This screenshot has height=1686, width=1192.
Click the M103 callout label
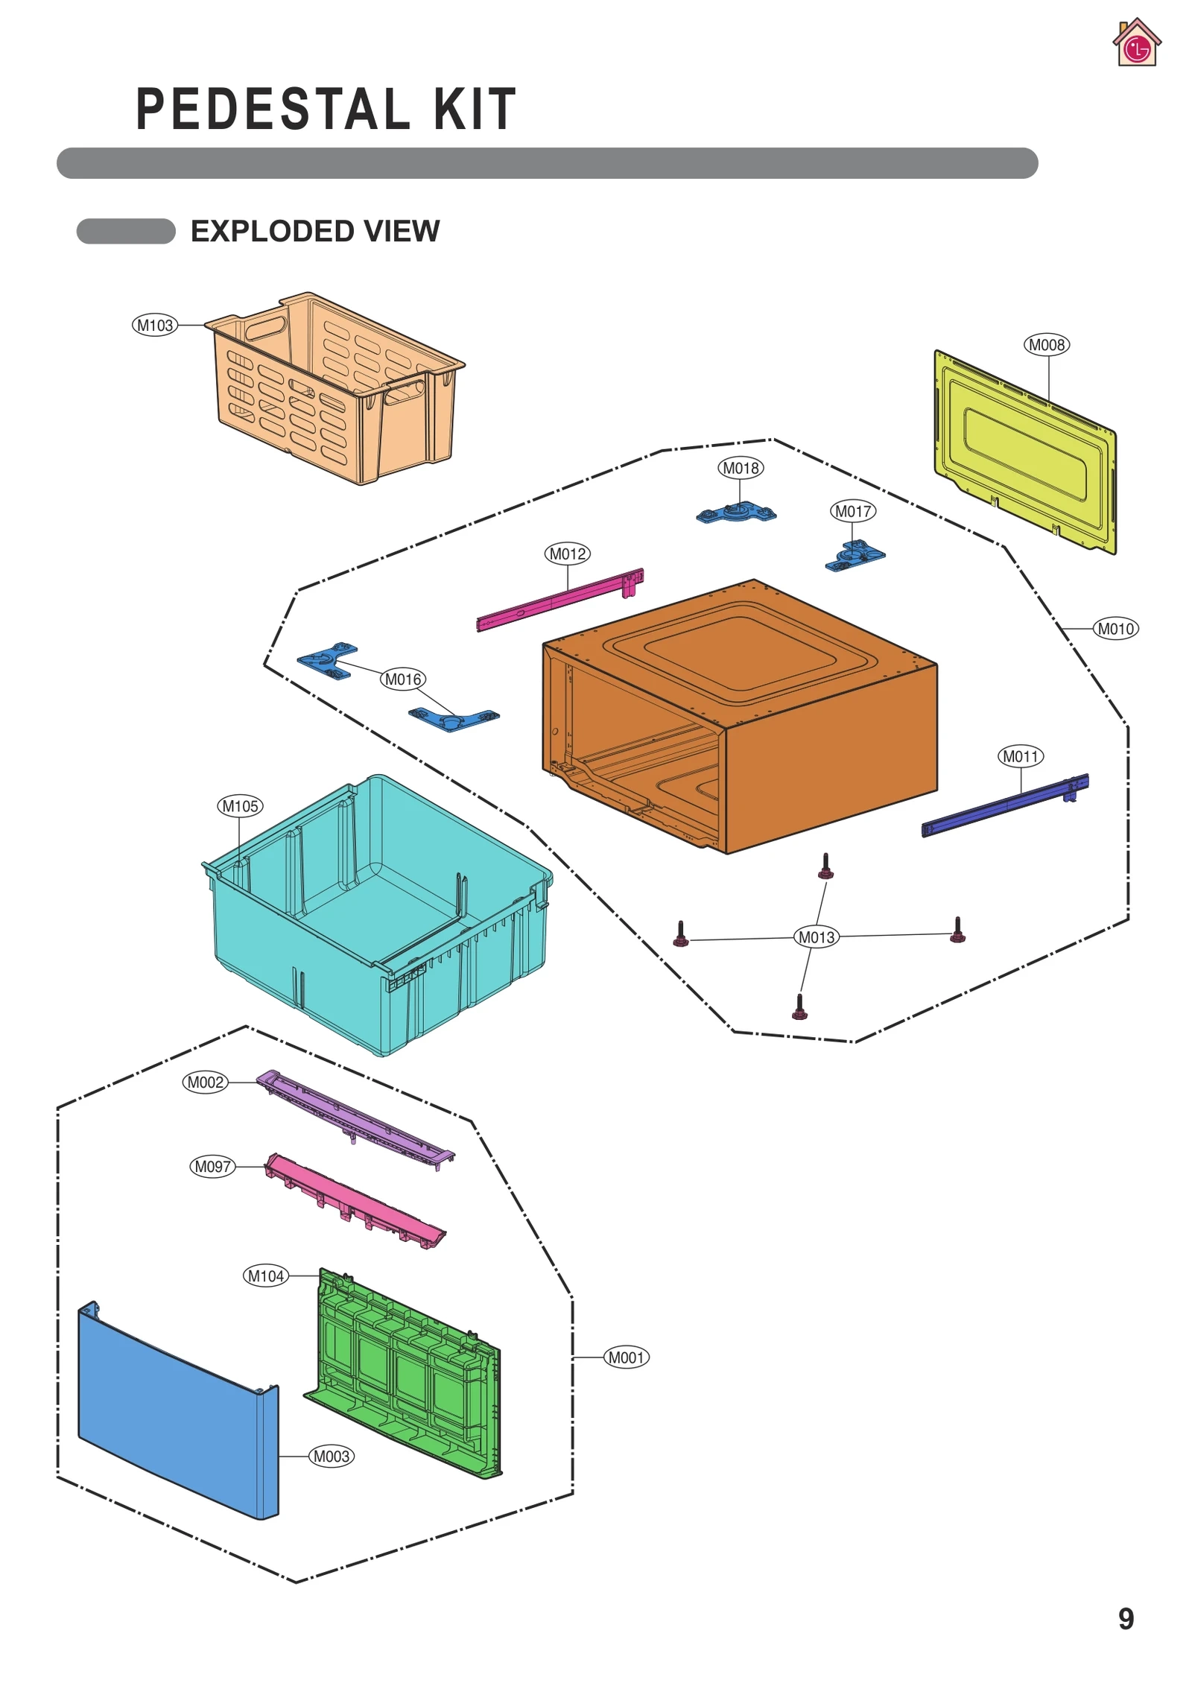[x=154, y=326]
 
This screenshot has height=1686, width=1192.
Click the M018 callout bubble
[x=741, y=468]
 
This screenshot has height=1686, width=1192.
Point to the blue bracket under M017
[x=855, y=556]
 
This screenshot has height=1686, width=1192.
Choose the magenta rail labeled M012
[x=559, y=599]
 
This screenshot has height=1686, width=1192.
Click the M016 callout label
[x=403, y=679]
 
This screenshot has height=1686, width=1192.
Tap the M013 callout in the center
[x=817, y=937]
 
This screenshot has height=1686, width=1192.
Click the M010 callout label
[x=1115, y=629]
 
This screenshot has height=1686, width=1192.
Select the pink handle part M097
[x=355, y=1199]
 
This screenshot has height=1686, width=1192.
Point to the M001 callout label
[x=626, y=1357]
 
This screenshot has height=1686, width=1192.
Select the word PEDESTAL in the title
[x=273, y=110]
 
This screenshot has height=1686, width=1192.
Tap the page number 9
[x=1126, y=1618]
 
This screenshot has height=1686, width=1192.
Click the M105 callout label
[x=240, y=806]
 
